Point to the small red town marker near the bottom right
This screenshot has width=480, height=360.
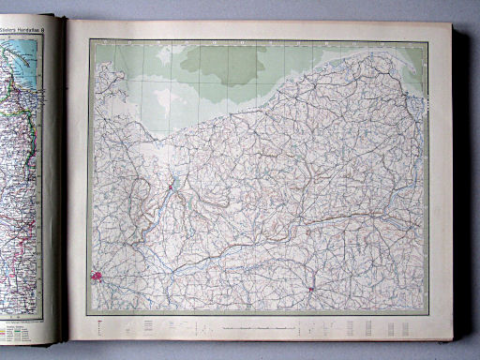(x=311, y=290)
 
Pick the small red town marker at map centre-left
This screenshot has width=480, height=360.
(x=169, y=187)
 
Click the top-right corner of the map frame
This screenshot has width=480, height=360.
(x=428, y=41)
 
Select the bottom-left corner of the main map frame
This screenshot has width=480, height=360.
(x=91, y=313)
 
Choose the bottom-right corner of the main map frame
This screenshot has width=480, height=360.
(x=428, y=313)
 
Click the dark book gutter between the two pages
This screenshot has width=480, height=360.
(x=63, y=187)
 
